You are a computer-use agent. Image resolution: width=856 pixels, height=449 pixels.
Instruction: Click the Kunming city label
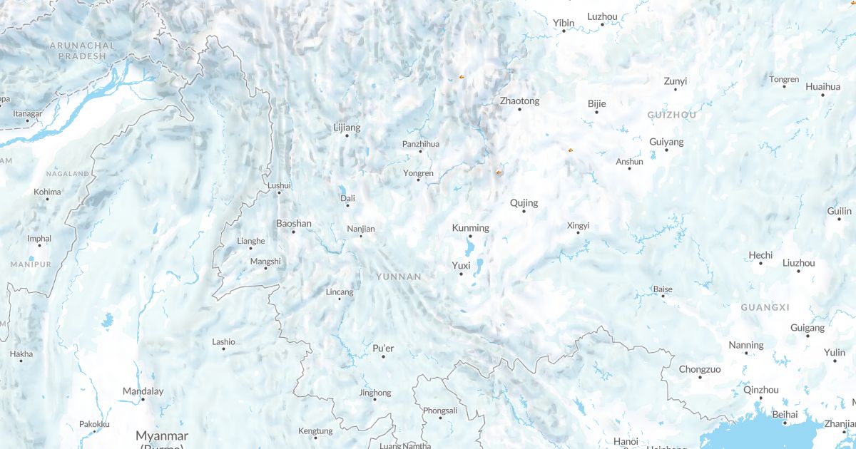pos(471,228)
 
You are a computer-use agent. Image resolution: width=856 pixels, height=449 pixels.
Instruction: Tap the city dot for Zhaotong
pos(519,109)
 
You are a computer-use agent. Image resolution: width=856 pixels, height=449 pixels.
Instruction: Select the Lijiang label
pos(347,128)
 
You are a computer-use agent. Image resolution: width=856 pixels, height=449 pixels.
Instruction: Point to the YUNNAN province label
pos(399,277)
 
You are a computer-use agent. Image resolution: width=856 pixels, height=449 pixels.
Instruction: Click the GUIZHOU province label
pos(672,115)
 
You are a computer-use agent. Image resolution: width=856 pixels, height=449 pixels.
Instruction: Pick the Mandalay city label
pos(143,391)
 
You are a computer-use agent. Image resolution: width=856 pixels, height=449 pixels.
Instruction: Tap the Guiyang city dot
pos(667,150)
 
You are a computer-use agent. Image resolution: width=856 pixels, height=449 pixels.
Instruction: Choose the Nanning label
pos(746,345)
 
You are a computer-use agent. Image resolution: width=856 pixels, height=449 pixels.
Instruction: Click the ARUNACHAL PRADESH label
pos(82,50)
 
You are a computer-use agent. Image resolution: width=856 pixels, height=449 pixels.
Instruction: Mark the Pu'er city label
pos(383,348)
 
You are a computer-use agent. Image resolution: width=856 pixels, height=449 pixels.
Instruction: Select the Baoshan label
pos(294,224)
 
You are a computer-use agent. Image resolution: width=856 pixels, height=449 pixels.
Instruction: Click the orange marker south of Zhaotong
pos(499,172)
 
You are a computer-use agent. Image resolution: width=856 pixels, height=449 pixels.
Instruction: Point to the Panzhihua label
pos(421,144)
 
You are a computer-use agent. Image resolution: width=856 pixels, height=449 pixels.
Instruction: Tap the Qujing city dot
pos(524,211)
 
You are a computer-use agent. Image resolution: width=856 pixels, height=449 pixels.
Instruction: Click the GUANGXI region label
pos(765,307)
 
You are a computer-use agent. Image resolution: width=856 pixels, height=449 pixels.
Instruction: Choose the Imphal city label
pos(39,239)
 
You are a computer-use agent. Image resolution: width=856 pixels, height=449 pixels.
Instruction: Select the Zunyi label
pos(676,81)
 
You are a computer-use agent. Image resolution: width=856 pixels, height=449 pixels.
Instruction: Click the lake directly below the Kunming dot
pos(469,248)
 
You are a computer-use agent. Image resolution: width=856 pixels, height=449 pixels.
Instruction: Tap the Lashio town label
pos(223,342)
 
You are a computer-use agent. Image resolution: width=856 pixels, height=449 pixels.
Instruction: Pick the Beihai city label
pos(785,414)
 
